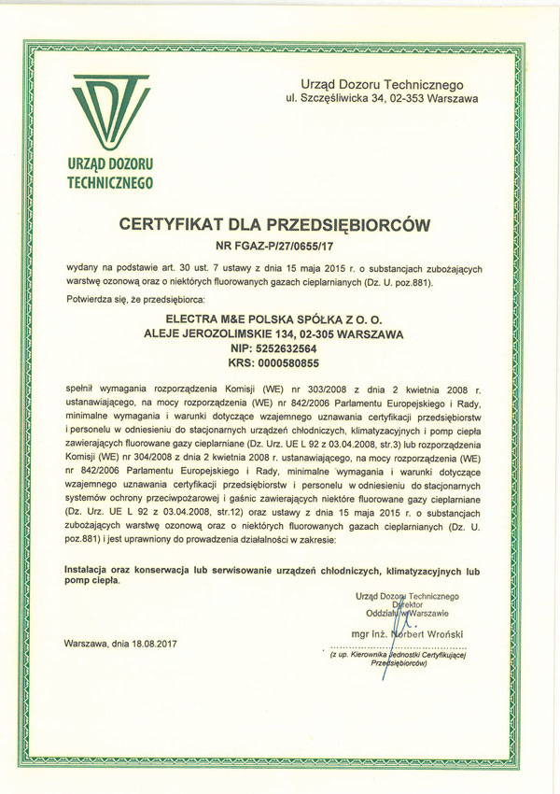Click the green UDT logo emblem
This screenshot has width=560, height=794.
pos(109,110)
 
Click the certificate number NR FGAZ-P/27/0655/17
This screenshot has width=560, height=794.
pos(280,247)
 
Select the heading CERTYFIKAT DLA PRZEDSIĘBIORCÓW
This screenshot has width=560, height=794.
pos(281,225)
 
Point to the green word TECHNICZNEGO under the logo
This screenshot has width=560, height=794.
pos(109,183)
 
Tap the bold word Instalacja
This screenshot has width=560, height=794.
pos(88,568)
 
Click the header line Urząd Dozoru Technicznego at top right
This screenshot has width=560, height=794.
pos(389,84)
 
